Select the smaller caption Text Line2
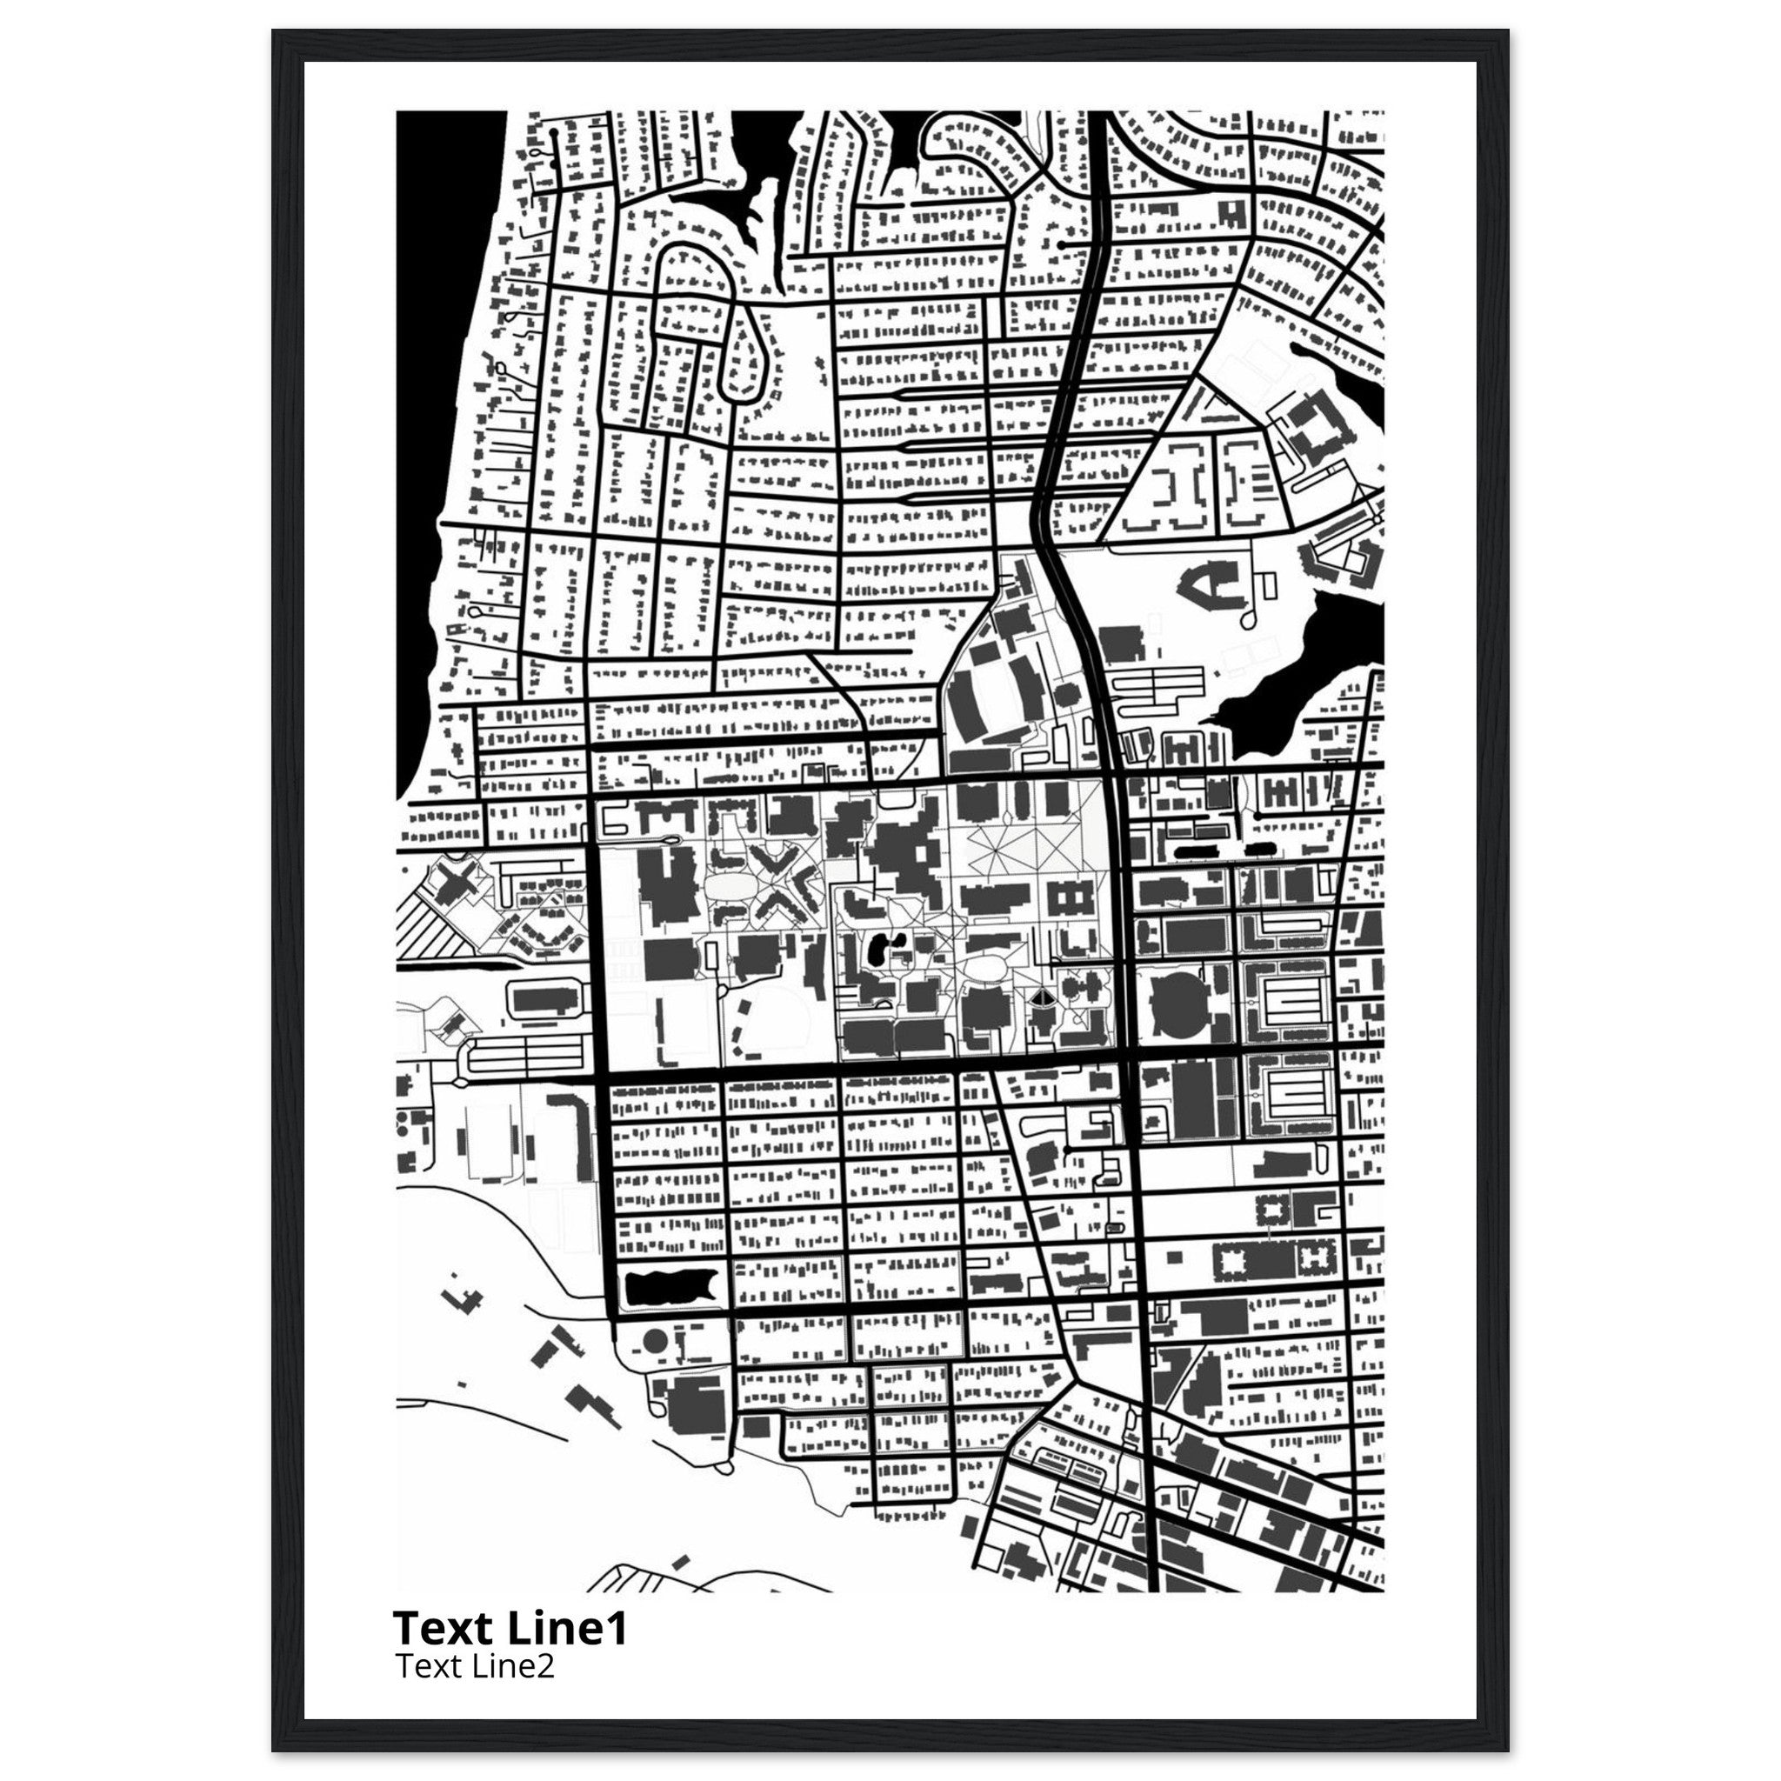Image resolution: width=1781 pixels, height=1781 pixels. pyautogui.click(x=474, y=1665)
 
